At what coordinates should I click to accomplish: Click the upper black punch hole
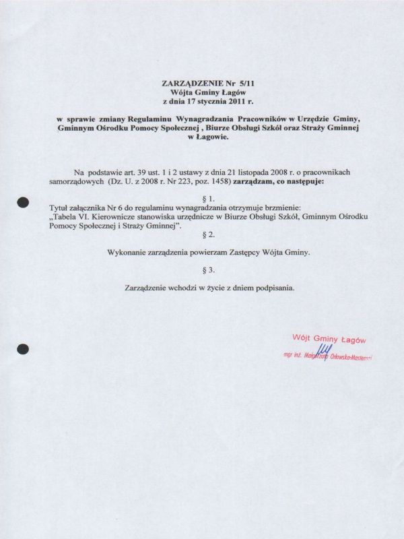24,201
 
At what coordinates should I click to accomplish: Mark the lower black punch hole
24,348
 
